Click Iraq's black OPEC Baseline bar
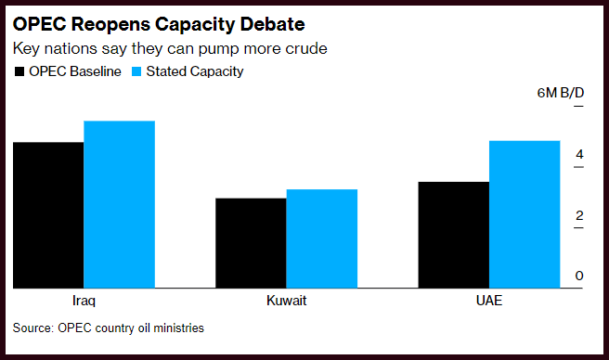tap(48, 215)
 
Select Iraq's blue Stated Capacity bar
tap(119, 204)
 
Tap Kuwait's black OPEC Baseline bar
tap(251, 243)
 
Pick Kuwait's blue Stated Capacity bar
tap(322, 238)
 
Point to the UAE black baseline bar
tap(454, 235)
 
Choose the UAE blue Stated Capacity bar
tap(525, 214)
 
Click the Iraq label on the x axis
tap(84, 301)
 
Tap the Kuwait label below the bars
tap(287, 301)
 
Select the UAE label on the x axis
tap(489, 301)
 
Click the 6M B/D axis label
tap(561, 93)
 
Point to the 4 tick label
tap(579, 155)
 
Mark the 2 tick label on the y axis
tap(579, 215)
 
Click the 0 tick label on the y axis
tap(579, 276)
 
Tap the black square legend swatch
tap(19, 71)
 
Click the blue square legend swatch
tap(136, 71)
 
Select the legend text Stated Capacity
tap(195, 71)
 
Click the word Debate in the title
tap(272, 24)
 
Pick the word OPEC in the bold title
tap(40, 24)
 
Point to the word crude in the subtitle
tap(306, 48)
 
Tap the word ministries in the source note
tap(178, 328)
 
